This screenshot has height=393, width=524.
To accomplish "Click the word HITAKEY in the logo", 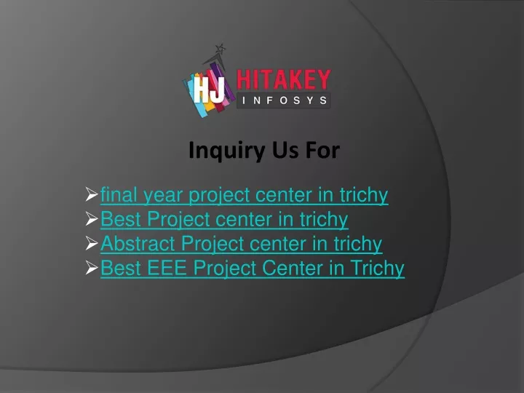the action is click(x=284, y=79).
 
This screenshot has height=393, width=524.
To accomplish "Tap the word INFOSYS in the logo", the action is click(x=285, y=100).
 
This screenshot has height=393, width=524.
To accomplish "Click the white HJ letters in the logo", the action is click(x=209, y=90).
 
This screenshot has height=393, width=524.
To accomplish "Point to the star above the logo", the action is click(x=220, y=49).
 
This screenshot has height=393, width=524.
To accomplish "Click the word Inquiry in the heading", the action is click(x=227, y=151).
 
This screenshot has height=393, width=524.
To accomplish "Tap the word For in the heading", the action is click(x=322, y=151).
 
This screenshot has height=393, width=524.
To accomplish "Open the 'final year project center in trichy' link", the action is click(x=244, y=195).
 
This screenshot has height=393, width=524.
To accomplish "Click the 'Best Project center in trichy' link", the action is click(x=224, y=220).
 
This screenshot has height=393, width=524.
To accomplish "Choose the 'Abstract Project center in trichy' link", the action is click(x=242, y=244).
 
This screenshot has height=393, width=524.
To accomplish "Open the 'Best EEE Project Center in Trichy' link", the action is click(x=253, y=268).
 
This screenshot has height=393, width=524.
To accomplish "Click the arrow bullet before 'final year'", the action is click(x=92, y=194).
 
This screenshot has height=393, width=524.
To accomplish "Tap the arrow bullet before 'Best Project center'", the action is click(x=92, y=218).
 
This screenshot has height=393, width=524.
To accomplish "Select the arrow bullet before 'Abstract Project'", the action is click(x=92, y=243).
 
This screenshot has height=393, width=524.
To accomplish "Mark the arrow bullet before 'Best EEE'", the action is click(x=92, y=267).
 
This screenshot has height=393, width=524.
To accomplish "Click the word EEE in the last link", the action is click(x=167, y=268).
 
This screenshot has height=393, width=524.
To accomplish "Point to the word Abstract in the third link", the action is click(x=138, y=243).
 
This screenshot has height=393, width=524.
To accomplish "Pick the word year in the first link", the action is click(x=163, y=196).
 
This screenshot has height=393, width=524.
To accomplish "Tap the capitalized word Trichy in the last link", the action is click(x=377, y=269).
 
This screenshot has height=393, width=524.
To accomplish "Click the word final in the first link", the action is click(x=119, y=194).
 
